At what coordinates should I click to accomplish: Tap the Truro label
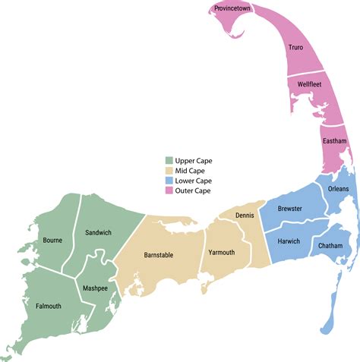[295, 48]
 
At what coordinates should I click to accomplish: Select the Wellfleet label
[310, 85]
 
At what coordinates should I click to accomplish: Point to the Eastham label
[334, 141]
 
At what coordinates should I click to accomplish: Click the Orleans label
[339, 188]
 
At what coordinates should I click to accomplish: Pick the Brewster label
[290, 208]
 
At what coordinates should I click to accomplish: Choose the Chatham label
[330, 246]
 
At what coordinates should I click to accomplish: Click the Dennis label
[245, 216]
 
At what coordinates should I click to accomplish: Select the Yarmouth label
[221, 253]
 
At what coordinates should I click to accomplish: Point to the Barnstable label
[159, 255]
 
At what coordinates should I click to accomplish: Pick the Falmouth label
[48, 306]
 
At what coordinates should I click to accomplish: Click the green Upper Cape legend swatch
[169, 161]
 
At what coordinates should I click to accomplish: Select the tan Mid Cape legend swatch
[169, 171]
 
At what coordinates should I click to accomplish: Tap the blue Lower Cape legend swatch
[169, 181]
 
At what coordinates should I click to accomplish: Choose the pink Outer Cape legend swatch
[169, 190]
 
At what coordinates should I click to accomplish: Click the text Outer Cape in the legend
[194, 190]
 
